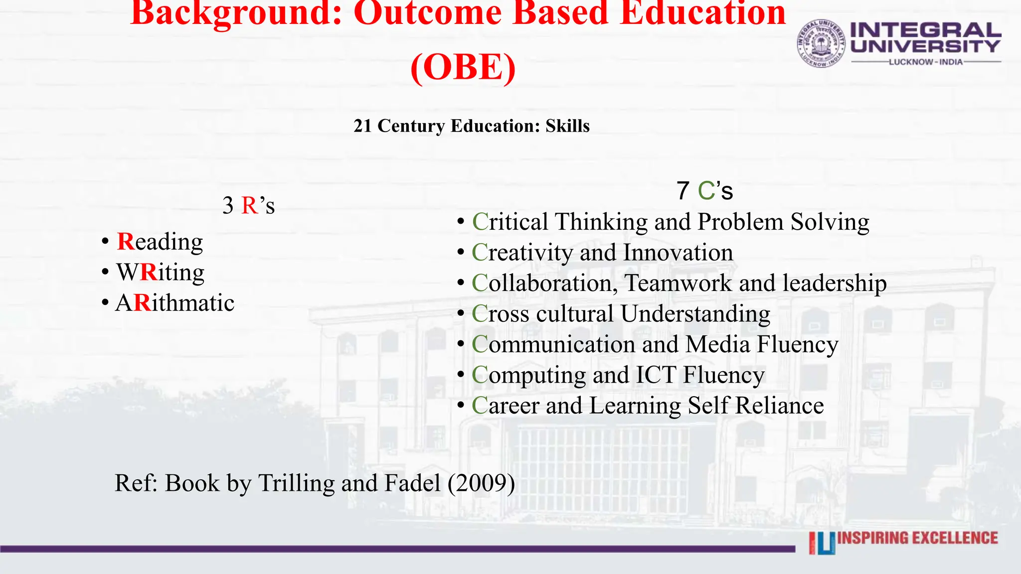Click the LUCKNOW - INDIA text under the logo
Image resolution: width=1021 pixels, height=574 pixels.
point(926,62)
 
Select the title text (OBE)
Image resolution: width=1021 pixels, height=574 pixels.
point(463,67)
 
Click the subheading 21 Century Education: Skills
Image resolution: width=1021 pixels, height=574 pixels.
point(472,126)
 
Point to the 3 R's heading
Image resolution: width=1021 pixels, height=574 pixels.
point(248,205)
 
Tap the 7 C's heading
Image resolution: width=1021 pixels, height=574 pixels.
point(704,191)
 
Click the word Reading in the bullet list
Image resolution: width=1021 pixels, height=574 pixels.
point(160,242)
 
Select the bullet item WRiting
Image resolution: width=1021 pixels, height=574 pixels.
point(160,273)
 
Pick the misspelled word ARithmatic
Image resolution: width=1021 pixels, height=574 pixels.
point(175,303)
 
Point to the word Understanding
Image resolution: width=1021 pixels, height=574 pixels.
point(695,314)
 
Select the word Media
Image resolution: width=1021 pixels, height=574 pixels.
point(717,345)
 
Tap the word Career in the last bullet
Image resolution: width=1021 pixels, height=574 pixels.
point(505,406)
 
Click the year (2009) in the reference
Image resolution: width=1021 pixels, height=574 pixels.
point(481,483)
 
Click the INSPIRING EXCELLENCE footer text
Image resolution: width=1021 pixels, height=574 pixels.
point(917,538)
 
